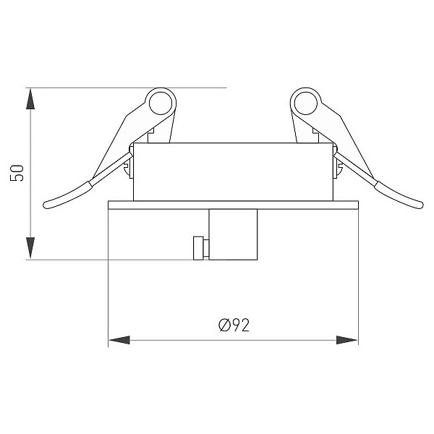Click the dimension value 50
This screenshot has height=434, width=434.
click(17, 173)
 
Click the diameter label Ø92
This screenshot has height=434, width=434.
click(234, 325)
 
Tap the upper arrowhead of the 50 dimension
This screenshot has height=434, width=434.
click(30, 99)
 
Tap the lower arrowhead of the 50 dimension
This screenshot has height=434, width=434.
click(30, 248)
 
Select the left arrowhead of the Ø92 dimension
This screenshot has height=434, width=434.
click(119, 340)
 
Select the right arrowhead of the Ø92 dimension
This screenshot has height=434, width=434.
click(347, 340)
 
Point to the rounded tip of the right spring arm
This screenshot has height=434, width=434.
click(419, 205)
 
